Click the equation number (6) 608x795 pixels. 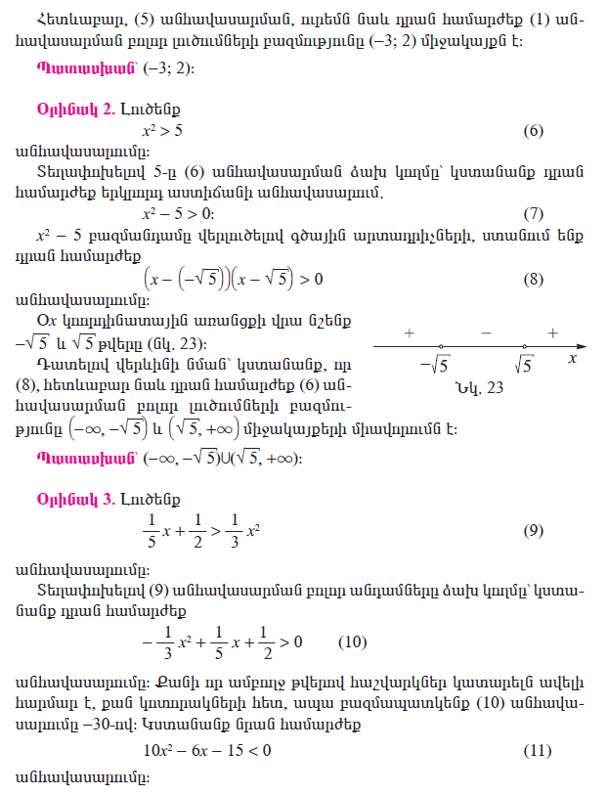pyautogui.click(x=533, y=131)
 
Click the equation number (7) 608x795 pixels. pyautogui.click(x=533, y=213)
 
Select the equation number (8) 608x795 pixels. pyautogui.click(x=533, y=280)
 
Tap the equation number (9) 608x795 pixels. pyautogui.click(x=533, y=531)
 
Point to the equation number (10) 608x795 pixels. pyautogui.click(x=352, y=641)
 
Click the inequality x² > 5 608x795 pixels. pyautogui.click(x=162, y=130)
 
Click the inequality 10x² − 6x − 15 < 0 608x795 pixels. pyautogui.click(x=207, y=750)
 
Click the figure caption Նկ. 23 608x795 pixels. pyautogui.click(x=478, y=388)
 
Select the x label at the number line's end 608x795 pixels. pyautogui.click(x=572, y=360)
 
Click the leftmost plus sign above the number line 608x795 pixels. pyautogui.click(x=408, y=333)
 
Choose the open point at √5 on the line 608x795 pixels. pyautogui.click(x=525, y=346)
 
